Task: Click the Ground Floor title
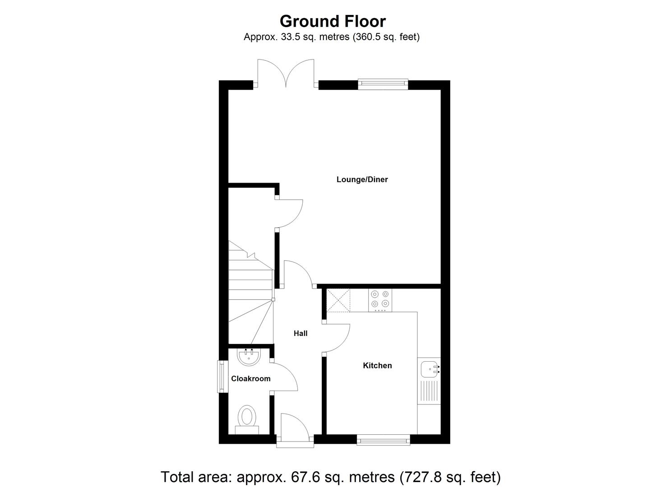click(333, 21)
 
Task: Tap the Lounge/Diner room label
click(362, 179)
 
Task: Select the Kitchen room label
click(377, 365)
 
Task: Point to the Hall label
click(300, 333)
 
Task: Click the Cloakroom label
click(251, 378)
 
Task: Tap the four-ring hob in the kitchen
click(379, 299)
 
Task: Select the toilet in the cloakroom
click(246, 418)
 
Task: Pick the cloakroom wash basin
click(248, 357)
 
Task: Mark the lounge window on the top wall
click(383, 82)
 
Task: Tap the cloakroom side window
click(222, 376)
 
